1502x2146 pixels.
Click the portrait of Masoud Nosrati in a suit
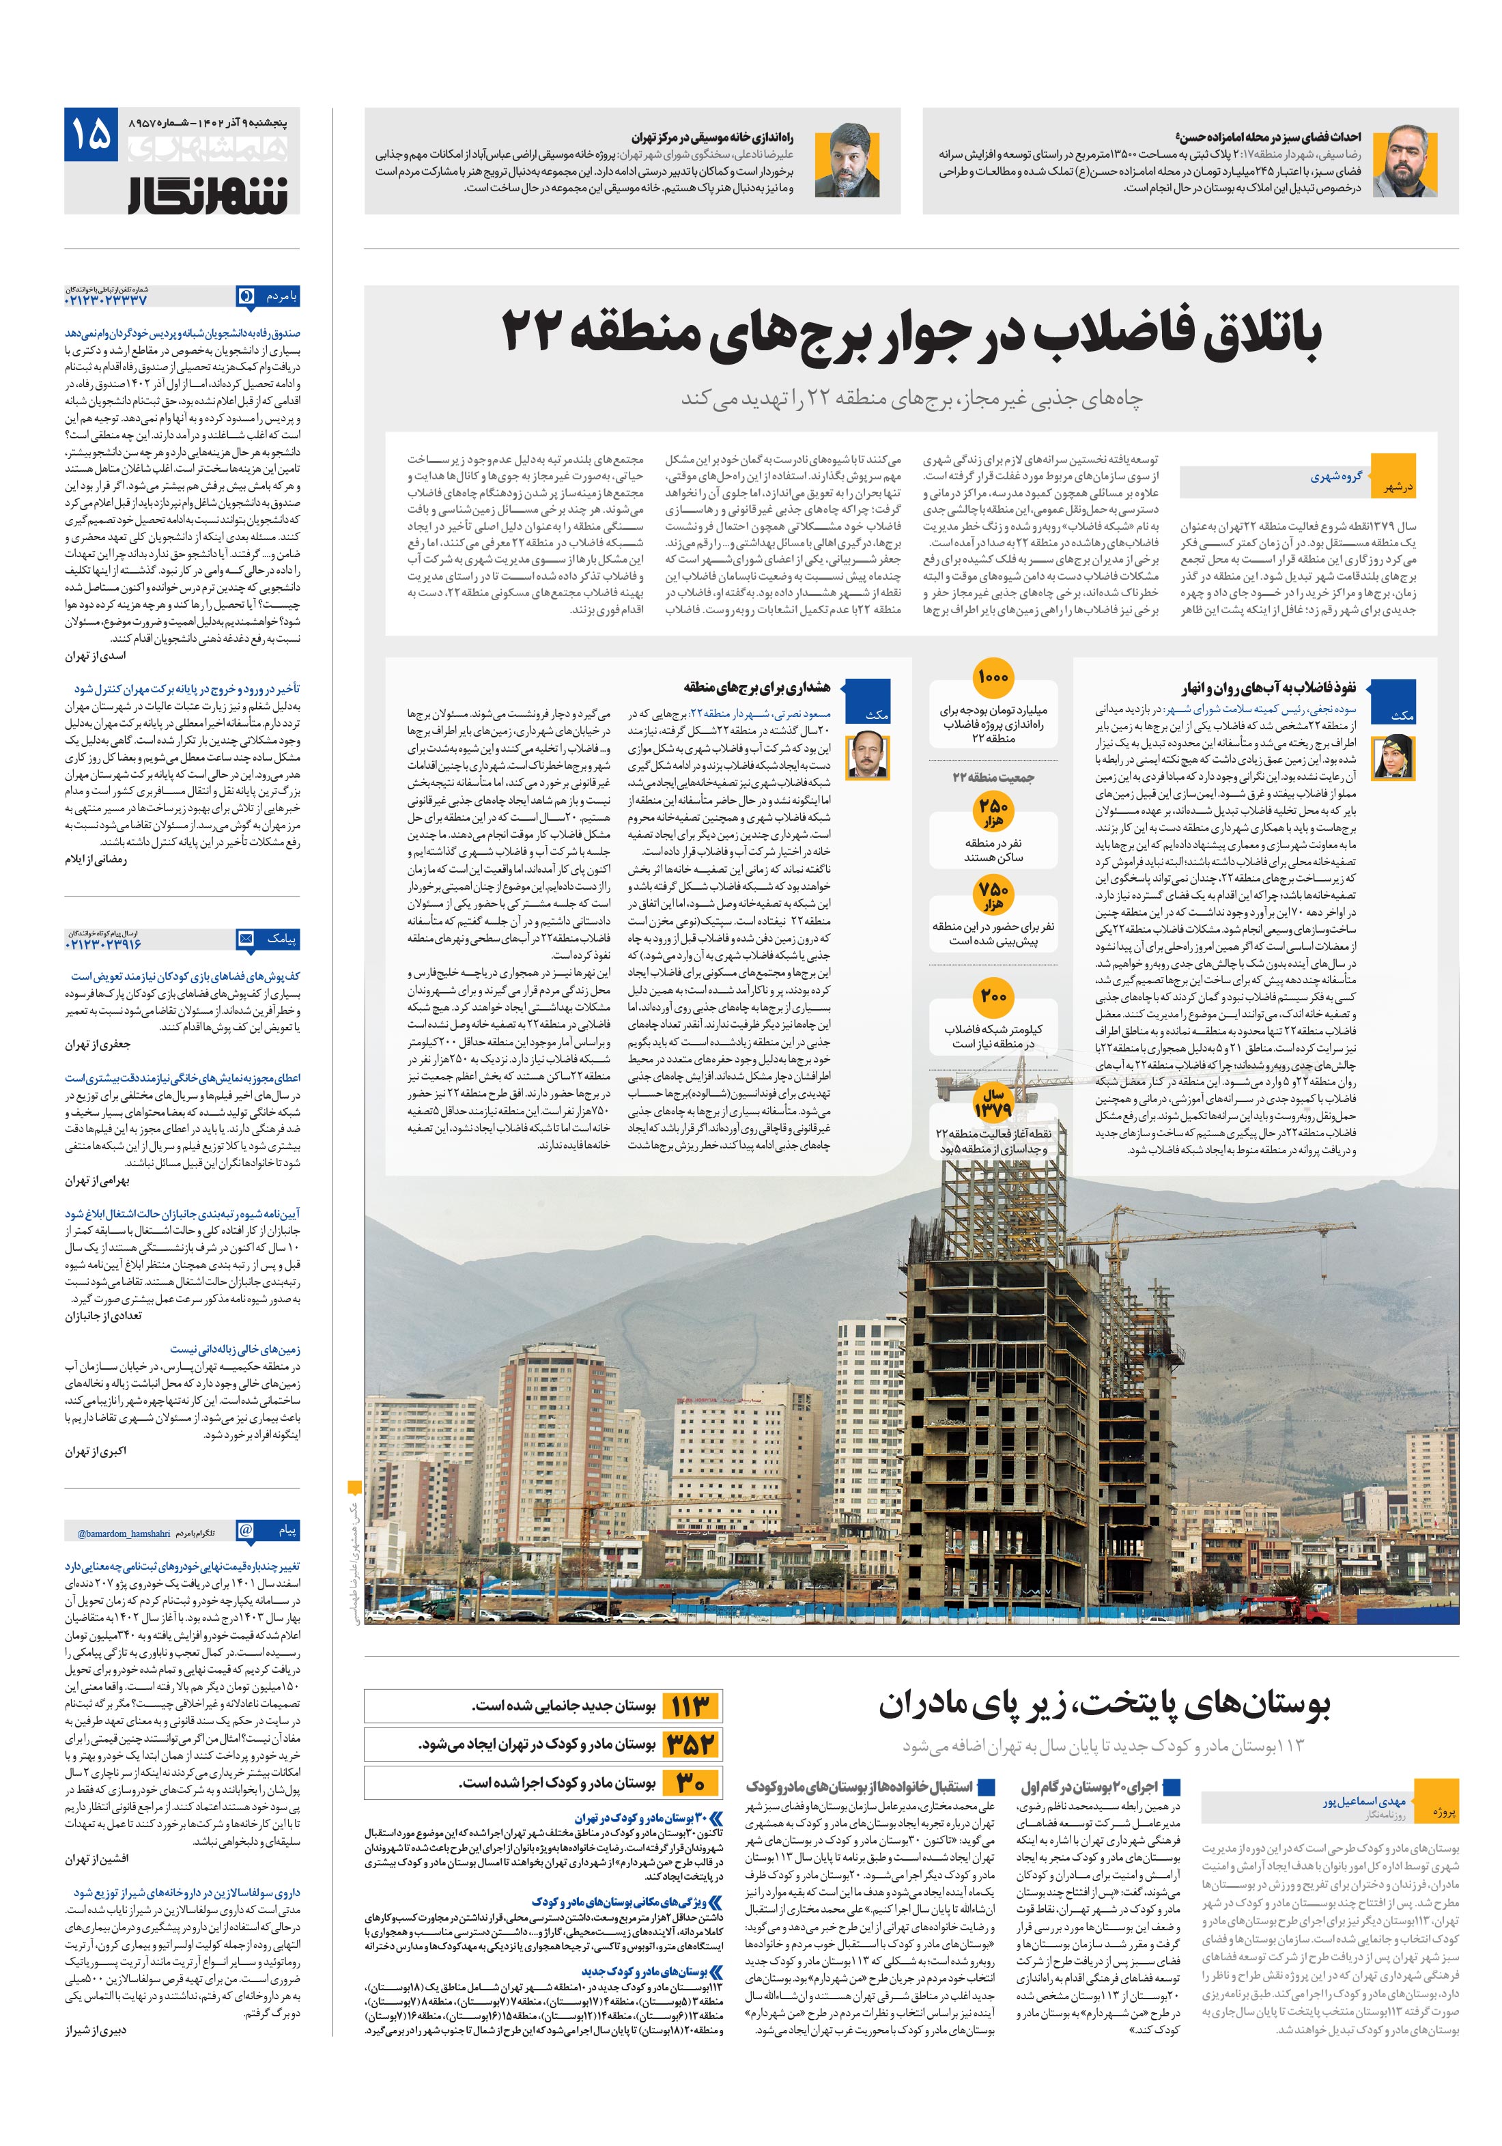click(866, 755)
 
